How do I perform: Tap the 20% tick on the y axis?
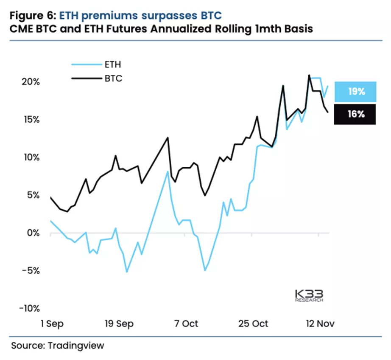tap(30, 82)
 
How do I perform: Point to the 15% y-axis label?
tap(31, 120)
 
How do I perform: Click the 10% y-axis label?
tap(31, 157)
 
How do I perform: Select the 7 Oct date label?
tap(186, 323)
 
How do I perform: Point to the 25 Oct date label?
tap(254, 323)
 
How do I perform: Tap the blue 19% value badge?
tap(355, 92)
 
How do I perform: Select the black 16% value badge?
tap(355, 114)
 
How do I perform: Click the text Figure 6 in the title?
tap(31, 16)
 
